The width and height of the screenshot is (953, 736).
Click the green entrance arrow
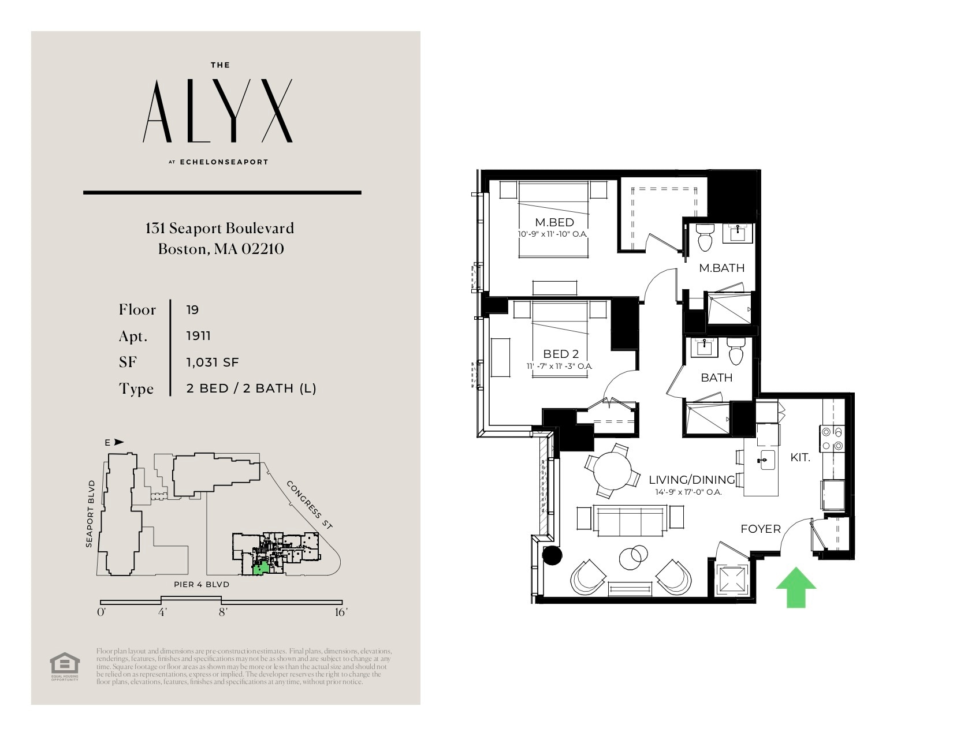795,588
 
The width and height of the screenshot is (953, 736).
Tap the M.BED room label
554,222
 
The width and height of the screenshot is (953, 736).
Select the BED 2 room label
560,354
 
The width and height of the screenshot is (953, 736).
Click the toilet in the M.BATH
705,237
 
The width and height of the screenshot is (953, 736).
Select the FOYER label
760,529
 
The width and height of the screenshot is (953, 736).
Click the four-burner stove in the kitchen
832,438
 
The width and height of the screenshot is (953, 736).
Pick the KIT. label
800,458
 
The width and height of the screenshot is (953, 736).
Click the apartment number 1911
198,336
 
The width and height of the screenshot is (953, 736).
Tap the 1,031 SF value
212,363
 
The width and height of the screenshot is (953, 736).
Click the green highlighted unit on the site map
261,569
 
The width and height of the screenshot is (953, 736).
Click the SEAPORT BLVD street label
90,513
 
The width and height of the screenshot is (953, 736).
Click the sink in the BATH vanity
704,348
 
